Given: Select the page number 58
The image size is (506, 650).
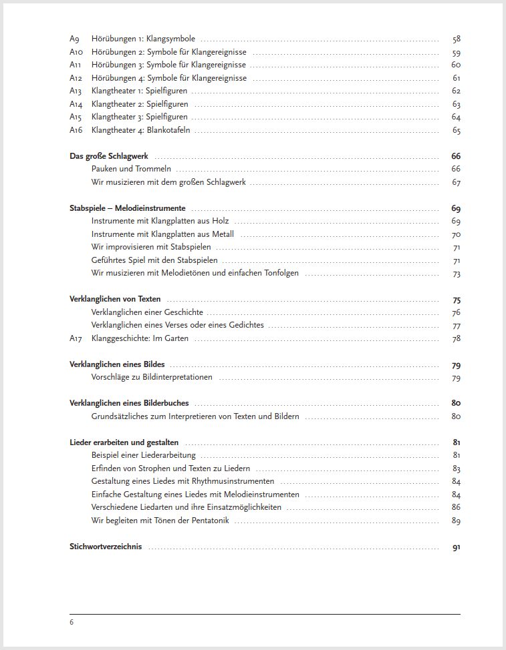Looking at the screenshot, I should tap(457, 39).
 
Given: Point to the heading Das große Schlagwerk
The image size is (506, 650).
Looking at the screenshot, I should tap(109, 156).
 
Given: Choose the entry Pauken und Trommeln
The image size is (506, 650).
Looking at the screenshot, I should tap(131, 169).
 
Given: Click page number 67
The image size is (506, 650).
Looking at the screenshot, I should tap(457, 182).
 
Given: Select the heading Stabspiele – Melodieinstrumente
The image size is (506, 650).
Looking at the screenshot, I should tap(128, 208).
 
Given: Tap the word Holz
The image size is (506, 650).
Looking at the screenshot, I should tap(221, 221).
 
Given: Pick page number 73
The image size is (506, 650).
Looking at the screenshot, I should tap(457, 274).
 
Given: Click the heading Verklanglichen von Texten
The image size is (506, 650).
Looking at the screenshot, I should tap(115, 299).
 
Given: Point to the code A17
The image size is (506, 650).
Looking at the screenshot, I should tap(76, 338).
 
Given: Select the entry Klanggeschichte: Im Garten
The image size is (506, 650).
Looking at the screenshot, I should tap(140, 338).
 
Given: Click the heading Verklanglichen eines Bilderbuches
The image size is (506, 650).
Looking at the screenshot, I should tap(129, 403).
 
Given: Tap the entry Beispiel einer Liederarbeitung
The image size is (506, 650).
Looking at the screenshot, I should tap(144, 455).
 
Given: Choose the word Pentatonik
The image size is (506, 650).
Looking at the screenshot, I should tap(208, 521).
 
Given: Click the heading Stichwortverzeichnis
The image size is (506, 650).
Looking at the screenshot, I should tap(106, 547).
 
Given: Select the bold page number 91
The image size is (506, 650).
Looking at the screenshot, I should tap(457, 547).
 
